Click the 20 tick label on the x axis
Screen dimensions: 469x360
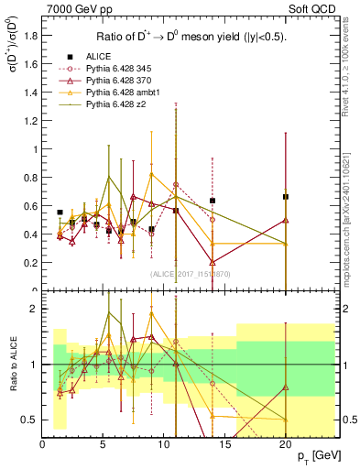tap(285, 443)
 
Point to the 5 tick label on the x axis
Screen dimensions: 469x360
tap(103, 443)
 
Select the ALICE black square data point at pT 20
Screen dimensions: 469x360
tap(286, 197)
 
